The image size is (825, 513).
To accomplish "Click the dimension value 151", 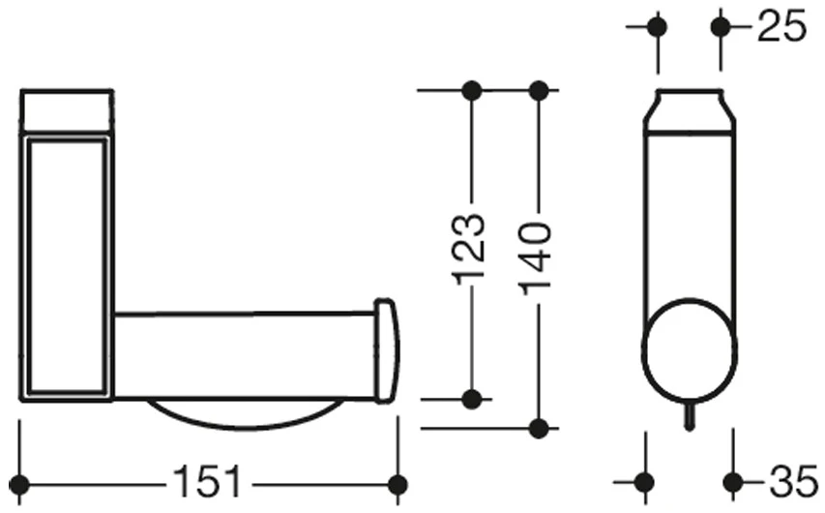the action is (x=206, y=481).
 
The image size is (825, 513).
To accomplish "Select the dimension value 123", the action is (x=468, y=249).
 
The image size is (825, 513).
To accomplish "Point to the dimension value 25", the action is (x=781, y=26).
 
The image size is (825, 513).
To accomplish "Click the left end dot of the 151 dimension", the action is (x=20, y=484).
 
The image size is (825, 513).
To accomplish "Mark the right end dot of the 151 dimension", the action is (x=398, y=484).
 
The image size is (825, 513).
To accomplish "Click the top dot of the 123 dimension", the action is (x=472, y=91).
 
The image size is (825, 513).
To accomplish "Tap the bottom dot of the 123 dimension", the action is (x=472, y=400).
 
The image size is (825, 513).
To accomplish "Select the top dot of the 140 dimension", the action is (x=539, y=91).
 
